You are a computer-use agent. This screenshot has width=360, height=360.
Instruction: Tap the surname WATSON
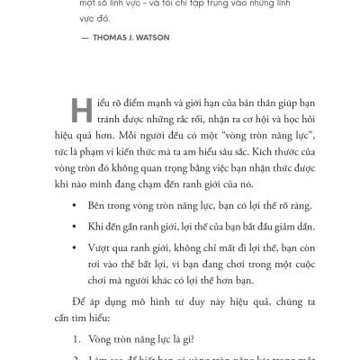click(191, 40)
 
